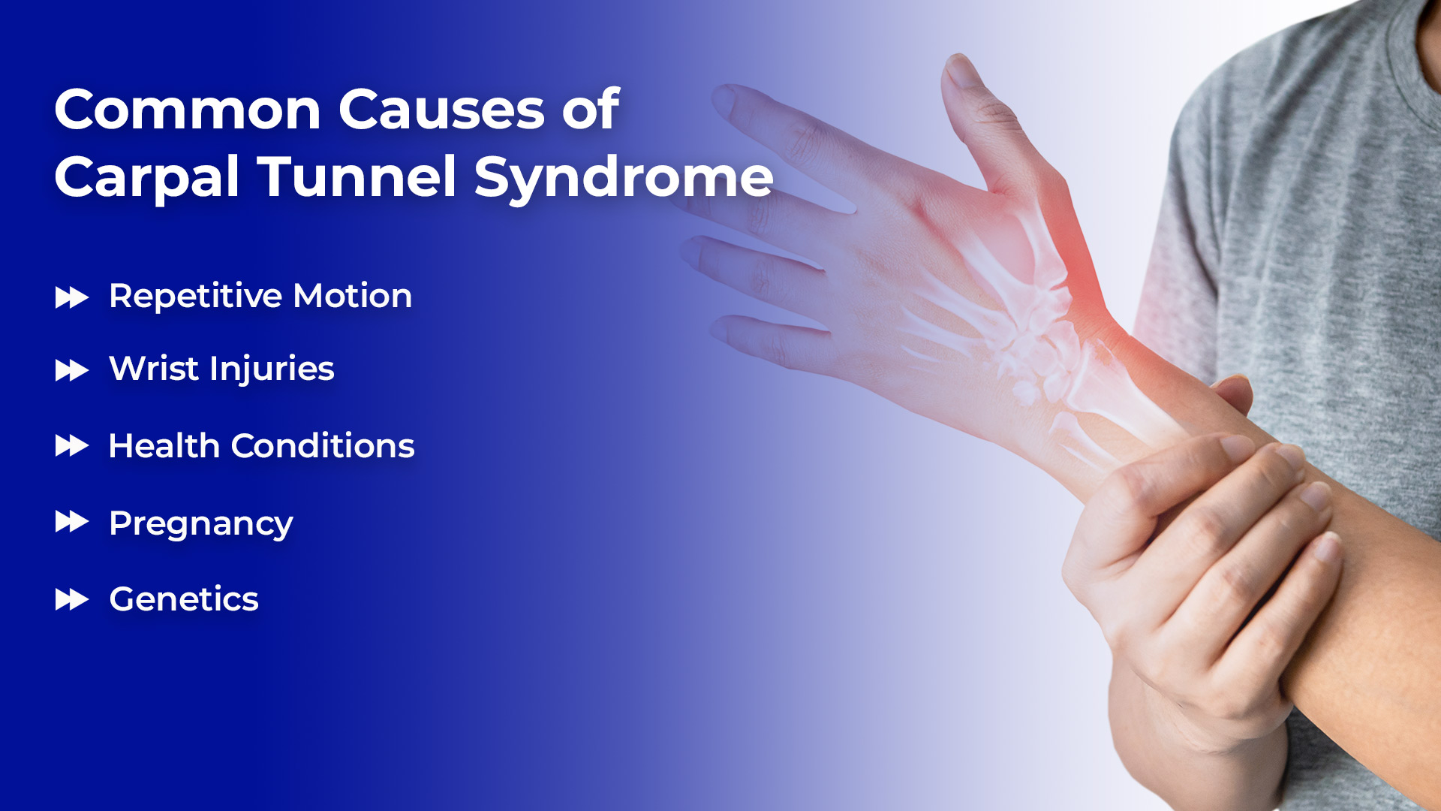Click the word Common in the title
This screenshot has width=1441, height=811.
[188, 110]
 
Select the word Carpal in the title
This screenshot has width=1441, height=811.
[147, 179]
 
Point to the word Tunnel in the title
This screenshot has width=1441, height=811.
[357, 176]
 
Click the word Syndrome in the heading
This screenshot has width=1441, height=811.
[623, 179]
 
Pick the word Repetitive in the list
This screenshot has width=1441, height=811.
[195, 296]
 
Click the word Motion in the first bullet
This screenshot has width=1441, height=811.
[353, 296]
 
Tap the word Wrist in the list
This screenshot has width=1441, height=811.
[154, 368]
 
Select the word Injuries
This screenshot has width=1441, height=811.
[272, 369]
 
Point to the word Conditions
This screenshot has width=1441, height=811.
[323, 446]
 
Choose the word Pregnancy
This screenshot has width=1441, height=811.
[201, 524]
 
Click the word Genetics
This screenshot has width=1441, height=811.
[184, 599]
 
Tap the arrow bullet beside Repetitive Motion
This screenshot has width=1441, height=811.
[72, 298]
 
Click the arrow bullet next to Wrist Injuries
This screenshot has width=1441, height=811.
[72, 370]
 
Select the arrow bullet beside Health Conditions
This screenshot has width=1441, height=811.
[72, 446]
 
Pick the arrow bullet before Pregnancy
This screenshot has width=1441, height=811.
[72, 521]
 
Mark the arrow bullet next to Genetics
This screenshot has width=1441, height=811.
[72, 599]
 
